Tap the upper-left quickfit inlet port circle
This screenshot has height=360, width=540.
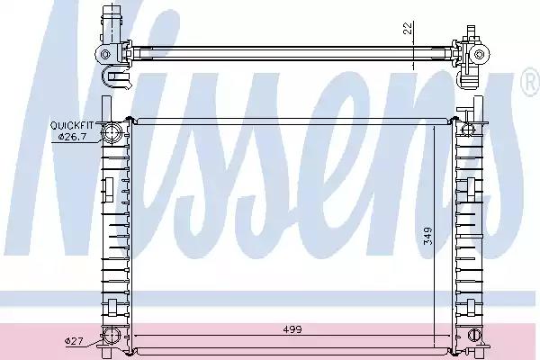(x=112, y=136)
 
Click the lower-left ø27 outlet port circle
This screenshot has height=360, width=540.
(x=112, y=338)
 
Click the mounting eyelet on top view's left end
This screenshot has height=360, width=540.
(x=107, y=54)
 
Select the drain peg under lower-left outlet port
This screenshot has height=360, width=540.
(x=112, y=353)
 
